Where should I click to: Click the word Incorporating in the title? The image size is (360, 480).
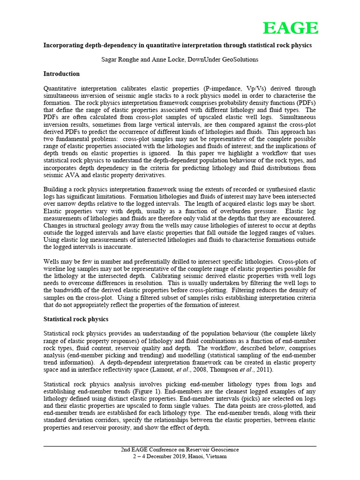(x=63, y=45)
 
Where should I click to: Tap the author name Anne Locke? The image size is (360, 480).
(x=169, y=60)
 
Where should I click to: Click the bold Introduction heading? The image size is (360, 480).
(x=61, y=74)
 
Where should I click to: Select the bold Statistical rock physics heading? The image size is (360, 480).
(x=75, y=319)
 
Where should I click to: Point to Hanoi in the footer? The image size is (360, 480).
(x=192, y=457)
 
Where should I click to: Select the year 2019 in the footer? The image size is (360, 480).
(x=174, y=457)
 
